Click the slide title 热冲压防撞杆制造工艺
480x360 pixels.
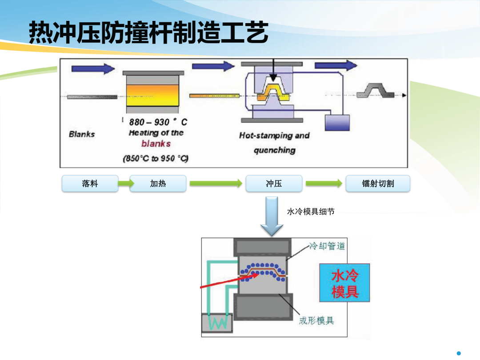pos(149,32)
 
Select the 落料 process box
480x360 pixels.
pos(90,184)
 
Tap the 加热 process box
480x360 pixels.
pos(158,184)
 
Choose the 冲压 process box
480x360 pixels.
pos(274,184)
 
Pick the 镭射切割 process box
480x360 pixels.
pos(378,184)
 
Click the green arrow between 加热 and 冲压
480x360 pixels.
pos(216,184)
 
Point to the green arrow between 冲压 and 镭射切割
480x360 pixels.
pos(324,184)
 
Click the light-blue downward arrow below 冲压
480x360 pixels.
pos(272,216)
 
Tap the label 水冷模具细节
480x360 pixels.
pos(311,212)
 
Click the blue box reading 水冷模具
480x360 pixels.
pos(345,283)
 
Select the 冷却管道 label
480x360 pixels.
pos(327,246)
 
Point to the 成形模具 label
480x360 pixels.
pos(316,320)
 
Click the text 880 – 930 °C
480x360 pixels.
pos(158,122)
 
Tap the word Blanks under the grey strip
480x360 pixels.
pos(82,134)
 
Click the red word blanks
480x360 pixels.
pos(156,144)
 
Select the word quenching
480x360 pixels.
pos(275,150)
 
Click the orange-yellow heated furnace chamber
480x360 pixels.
pos(152,95)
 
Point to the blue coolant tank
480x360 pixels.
pos(337,123)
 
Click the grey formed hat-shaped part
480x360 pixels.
pos(376,91)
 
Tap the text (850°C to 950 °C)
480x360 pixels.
pos(156,158)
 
